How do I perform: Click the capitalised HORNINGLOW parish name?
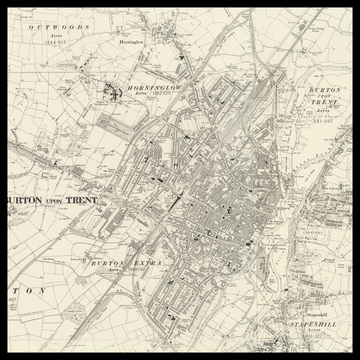[x=161, y=91]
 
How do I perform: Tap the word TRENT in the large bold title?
[x=93, y=200]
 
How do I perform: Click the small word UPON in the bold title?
[x=58, y=201]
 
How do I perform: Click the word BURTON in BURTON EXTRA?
[x=106, y=262]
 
